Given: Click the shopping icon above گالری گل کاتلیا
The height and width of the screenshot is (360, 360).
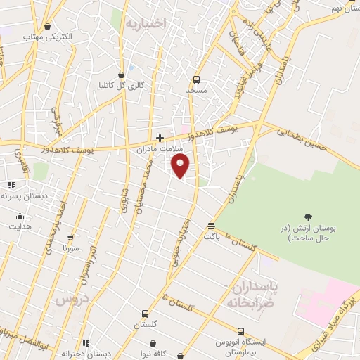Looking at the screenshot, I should (122, 74).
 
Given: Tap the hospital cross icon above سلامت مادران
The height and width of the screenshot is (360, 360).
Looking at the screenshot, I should (160, 138).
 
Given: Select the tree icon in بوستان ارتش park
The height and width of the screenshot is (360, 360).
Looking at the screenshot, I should (307, 217).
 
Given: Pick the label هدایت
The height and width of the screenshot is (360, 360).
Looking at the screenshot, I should (20, 226).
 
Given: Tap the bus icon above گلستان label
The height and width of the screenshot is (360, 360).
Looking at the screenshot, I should (145, 314).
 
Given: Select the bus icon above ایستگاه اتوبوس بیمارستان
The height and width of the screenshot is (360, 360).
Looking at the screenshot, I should (240, 331).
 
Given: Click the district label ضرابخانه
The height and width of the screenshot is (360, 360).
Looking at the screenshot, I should (247, 302).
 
